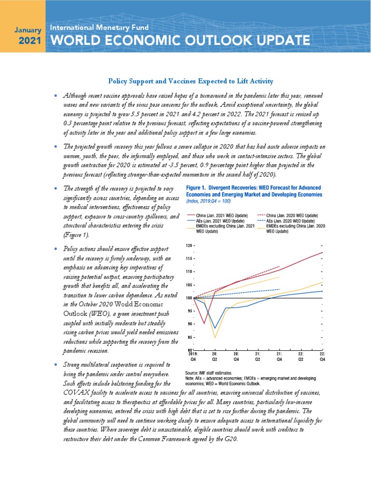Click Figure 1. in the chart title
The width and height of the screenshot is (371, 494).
(199, 187)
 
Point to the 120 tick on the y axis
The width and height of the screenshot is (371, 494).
(189, 246)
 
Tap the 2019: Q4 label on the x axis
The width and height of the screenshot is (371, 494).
(192, 356)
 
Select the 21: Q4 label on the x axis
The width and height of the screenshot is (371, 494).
(280, 356)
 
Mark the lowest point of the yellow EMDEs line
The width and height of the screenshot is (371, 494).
(215, 338)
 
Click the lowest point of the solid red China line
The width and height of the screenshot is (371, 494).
(204, 323)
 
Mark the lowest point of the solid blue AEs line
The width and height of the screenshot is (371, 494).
(215, 328)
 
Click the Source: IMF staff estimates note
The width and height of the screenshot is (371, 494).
(209, 373)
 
